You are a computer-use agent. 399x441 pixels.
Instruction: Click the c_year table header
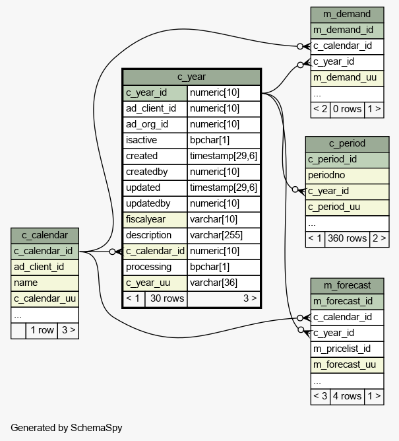[192, 77]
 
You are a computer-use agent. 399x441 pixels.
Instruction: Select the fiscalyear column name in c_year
[155, 219]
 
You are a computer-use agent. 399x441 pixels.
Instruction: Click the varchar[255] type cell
[224, 235]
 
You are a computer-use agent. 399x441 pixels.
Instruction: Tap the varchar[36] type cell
[224, 283]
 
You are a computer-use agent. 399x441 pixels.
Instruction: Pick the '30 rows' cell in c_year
[166, 298]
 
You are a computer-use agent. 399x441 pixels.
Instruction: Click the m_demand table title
[348, 14]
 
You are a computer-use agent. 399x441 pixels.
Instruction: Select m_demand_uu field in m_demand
[348, 78]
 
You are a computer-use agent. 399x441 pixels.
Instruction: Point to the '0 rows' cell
[348, 109]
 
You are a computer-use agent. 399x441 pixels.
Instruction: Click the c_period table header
[348, 144]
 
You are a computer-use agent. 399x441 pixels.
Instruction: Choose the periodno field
[348, 176]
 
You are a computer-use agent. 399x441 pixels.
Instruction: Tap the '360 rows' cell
[348, 239]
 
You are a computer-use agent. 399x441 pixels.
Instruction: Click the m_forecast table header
[348, 285]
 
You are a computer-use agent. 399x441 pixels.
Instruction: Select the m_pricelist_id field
[348, 349]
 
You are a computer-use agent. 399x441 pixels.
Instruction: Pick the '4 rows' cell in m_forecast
[348, 397]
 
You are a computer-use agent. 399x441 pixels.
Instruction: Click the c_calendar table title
[45, 236]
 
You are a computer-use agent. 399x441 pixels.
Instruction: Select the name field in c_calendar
[45, 283]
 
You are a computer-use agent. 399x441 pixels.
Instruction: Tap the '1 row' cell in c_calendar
[42, 331]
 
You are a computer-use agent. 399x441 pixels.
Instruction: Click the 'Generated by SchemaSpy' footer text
[67, 428]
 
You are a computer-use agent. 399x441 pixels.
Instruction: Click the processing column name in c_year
[155, 267]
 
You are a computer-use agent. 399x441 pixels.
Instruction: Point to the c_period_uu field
[348, 207]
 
